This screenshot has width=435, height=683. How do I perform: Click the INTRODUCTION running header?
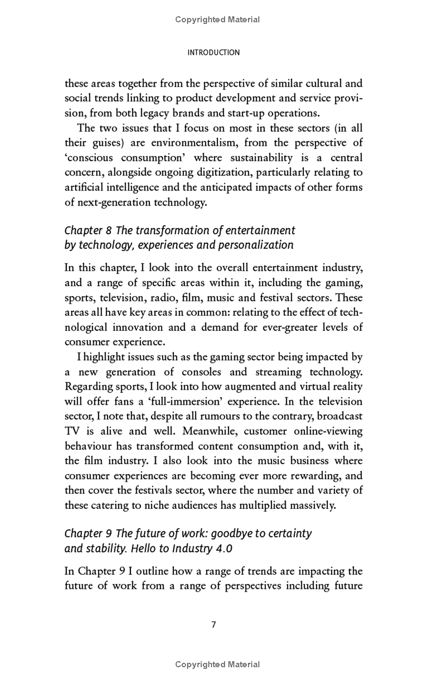pyautogui.click(x=213, y=53)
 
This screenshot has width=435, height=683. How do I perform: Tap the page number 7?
pyautogui.click(x=214, y=625)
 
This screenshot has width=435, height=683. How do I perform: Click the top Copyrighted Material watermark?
pyautogui.click(x=217, y=20)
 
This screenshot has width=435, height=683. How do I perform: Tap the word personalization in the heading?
pyautogui.click(x=256, y=245)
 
